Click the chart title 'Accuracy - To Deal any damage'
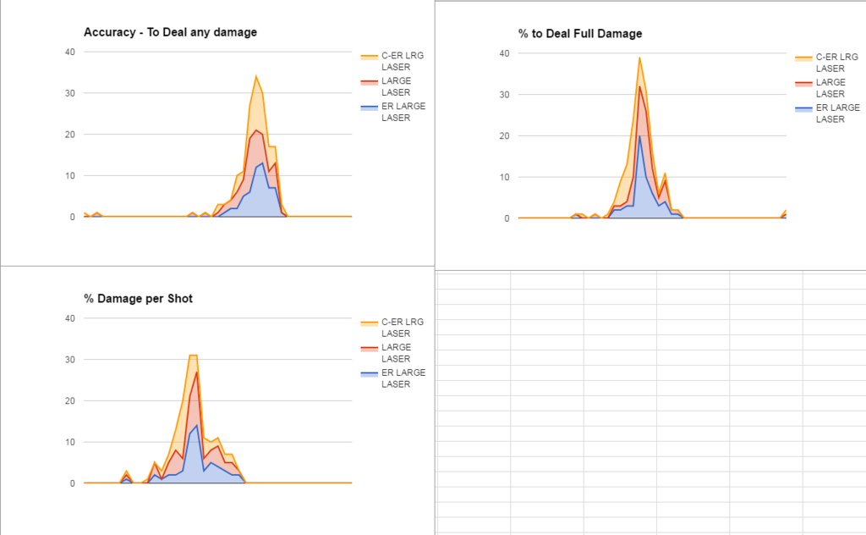pos(170,32)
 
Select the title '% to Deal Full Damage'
pos(580,34)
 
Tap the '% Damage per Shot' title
pos(138,299)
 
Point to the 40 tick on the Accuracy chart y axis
pos(70,52)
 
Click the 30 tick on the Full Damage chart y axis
pos(504,95)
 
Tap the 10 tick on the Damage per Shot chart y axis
pos(70,442)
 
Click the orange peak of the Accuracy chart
pos(256,76)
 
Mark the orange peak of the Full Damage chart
pos(639,58)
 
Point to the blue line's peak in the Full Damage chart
pos(639,136)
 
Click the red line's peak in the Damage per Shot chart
pos(197,372)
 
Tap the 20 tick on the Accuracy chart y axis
pos(70,135)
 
